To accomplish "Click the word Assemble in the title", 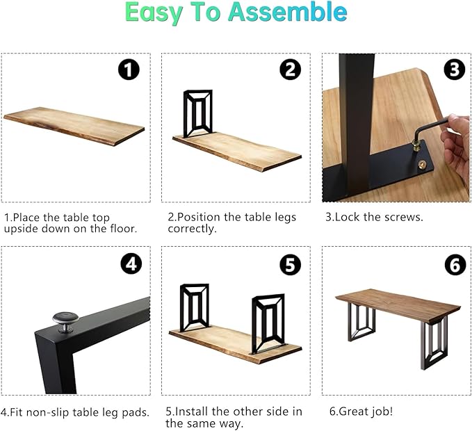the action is click(x=288, y=12).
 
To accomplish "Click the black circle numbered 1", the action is click(x=129, y=70).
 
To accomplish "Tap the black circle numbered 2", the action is click(x=290, y=70).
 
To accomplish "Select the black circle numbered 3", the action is click(x=455, y=70).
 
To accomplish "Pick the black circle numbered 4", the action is click(x=131, y=264).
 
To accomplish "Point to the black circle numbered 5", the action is click(x=290, y=264).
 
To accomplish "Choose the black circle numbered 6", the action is click(x=455, y=264).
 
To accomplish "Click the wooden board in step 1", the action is click(x=74, y=126).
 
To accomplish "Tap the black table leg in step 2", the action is click(x=198, y=113).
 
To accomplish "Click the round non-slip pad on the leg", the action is click(x=65, y=321).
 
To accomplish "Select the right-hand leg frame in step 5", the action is click(x=268, y=323).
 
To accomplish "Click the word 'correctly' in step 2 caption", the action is click(x=192, y=229).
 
